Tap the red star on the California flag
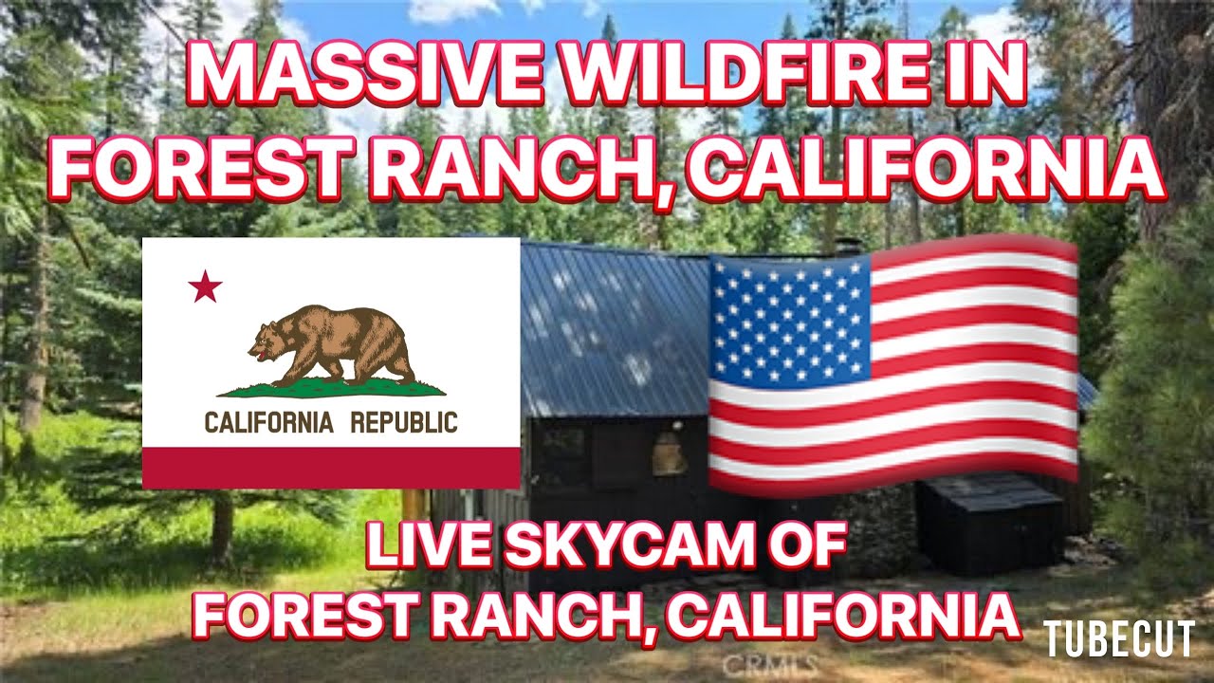click(205, 286)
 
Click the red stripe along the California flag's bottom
click(331, 468)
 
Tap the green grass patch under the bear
click(331, 388)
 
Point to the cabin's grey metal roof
click(607, 323)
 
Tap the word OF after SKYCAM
click(807, 547)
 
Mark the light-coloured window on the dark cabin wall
click(670, 456)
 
